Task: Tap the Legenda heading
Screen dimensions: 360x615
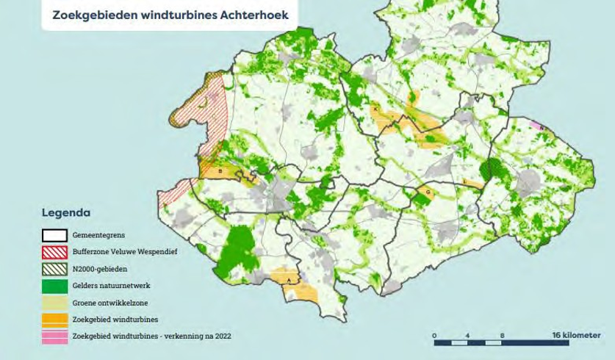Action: (66, 213)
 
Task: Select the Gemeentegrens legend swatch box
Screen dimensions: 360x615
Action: (54, 236)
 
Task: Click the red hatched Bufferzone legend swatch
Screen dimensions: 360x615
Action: (54, 252)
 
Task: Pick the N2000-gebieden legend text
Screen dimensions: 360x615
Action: (99, 269)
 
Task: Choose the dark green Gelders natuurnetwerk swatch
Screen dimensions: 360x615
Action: (54, 286)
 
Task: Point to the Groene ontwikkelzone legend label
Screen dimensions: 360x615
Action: (109, 303)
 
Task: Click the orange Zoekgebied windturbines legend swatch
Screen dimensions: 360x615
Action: (54, 319)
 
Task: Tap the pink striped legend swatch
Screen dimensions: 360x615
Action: (54, 336)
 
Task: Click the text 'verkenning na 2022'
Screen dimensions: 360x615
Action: (198, 336)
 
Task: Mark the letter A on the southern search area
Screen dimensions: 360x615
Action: (289, 281)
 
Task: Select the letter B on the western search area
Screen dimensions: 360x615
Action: (220, 171)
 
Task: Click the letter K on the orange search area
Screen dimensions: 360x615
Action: (375, 109)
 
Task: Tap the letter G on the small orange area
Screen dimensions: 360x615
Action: (428, 192)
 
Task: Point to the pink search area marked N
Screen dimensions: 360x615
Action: (541, 128)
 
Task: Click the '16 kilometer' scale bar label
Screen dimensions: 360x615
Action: (576, 335)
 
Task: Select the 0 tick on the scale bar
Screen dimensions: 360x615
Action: (434, 336)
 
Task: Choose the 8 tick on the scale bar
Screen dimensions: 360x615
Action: (502, 336)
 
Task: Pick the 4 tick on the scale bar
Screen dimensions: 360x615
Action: (468, 336)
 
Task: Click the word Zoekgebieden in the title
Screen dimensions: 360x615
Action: (93, 14)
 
